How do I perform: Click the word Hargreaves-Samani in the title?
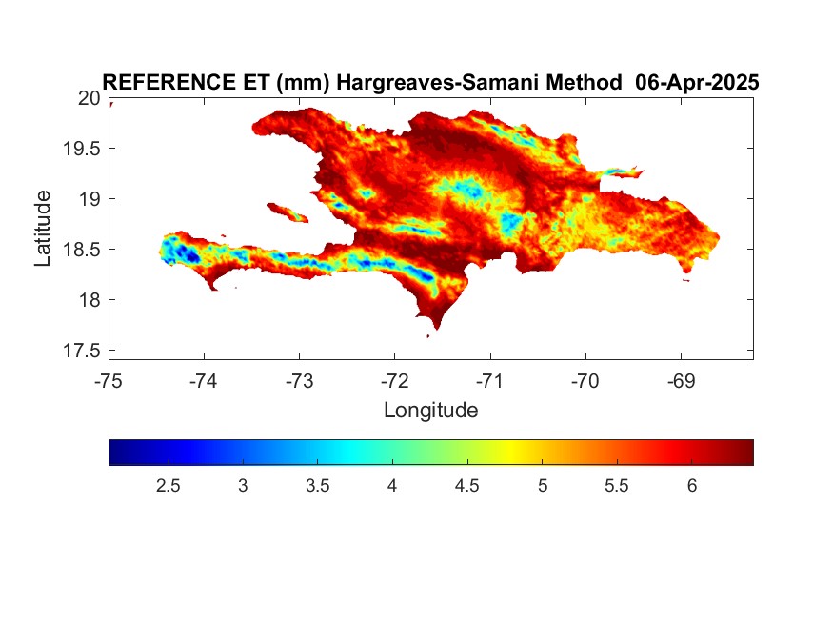(x=479, y=83)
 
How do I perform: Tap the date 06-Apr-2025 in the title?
(x=697, y=82)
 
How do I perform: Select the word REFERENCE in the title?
(x=169, y=82)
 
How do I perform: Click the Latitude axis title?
(x=43, y=228)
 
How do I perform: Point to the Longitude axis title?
(x=431, y=411)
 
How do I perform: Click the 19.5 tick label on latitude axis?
(x=82, y=149)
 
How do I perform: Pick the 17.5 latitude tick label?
(x=82, y=351)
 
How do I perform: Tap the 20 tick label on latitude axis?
(x=89, y=98)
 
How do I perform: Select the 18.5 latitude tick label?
(x=82, y=250)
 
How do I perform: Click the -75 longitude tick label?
(x=109, y=381)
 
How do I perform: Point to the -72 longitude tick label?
(x=395, y=381)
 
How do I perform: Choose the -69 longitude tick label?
(x=681, y=381)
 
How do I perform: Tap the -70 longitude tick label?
(x=585, y=381)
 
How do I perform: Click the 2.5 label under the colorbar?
(x=168, y=486)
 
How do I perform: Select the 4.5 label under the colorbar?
(x=467, y=486)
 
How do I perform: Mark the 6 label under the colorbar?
(x=692, y=486)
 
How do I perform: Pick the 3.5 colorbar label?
(x=318, y=486)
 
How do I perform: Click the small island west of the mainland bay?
(x=288, y=212)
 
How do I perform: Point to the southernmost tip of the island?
(x=437, y=330)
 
